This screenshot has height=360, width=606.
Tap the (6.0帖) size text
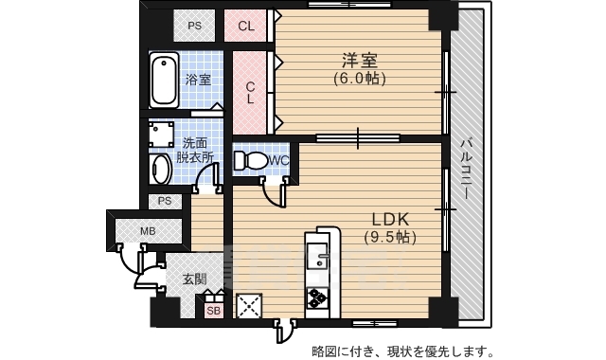(x=359, y=79)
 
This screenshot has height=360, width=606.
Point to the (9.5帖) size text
(x=390, y=236)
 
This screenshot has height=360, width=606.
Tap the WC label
(x=277, y=161)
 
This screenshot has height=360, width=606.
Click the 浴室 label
(x=197, y=80)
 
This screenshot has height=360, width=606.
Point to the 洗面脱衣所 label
(x=198, y=152)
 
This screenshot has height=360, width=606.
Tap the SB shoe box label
(x=213, y=309)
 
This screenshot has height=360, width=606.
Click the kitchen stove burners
(x=315, y=299)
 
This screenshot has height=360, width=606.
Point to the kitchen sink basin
(x=315, y=255)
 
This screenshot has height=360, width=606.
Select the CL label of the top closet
(x=245, y=26)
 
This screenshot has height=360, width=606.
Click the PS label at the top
(x=194, y=26)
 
